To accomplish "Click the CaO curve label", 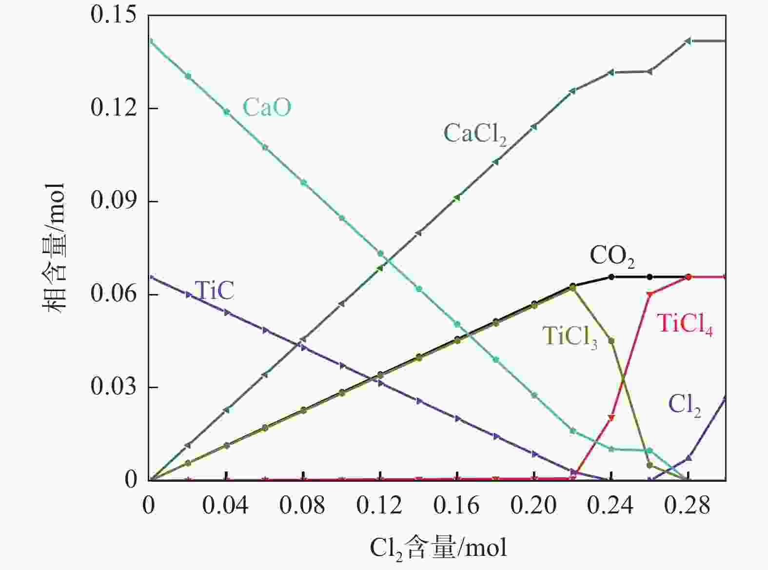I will pos(267,107).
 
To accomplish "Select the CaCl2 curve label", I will pos(474,134).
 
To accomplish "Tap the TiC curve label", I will pos(214,291).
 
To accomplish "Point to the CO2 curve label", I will pos(612,256).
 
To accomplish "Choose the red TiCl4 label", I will pos(685,324).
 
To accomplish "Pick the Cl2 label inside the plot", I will pos(684,405).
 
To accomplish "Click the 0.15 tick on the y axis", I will pos(113,15).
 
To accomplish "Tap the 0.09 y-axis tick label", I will pos(113,201).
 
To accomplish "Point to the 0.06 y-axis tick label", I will pos(113,294).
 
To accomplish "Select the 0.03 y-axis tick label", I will pos(113,387).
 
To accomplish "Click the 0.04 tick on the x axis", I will pos(225,506).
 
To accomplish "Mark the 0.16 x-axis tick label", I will pos(456,506).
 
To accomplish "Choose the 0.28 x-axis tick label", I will pos(688,506).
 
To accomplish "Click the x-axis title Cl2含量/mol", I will pos(438,548).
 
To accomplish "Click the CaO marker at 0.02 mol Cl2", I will pos(188,76).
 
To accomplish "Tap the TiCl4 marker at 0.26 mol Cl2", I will pos(650,294).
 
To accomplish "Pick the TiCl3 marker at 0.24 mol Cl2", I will pos(611,341).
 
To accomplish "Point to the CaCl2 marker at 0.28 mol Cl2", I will pos(688,41).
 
